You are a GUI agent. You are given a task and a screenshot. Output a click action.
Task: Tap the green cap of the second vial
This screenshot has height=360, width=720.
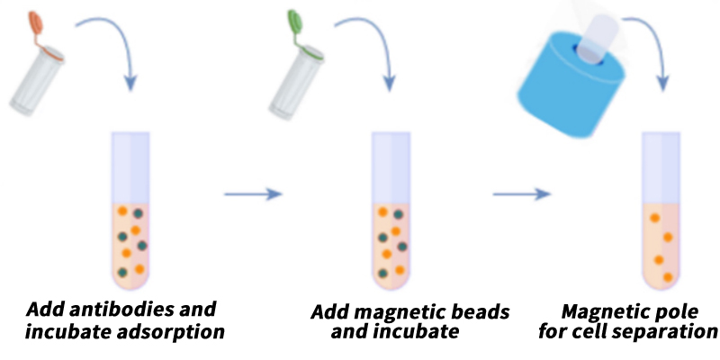click(x=294, y=21)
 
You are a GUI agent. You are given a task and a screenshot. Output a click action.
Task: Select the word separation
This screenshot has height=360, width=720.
click(x=667, y=331)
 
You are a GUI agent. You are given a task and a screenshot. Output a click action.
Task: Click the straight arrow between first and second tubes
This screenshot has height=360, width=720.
click(x=253, y=194)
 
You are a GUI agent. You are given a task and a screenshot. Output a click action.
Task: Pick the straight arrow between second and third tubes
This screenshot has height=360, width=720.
click(x=522, y=194)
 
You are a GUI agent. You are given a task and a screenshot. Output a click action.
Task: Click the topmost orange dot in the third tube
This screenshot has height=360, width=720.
click(x=655, y=218)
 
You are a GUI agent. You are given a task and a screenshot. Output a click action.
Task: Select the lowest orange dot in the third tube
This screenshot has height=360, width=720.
click(x=668, y=277)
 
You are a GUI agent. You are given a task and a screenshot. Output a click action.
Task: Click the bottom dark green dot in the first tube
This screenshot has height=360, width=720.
click(x=122, y=272)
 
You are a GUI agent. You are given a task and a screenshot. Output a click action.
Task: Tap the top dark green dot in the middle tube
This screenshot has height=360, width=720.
click(x=398, y=214)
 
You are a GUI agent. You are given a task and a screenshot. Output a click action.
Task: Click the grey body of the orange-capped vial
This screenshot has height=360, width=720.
click(x=36, y=83)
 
